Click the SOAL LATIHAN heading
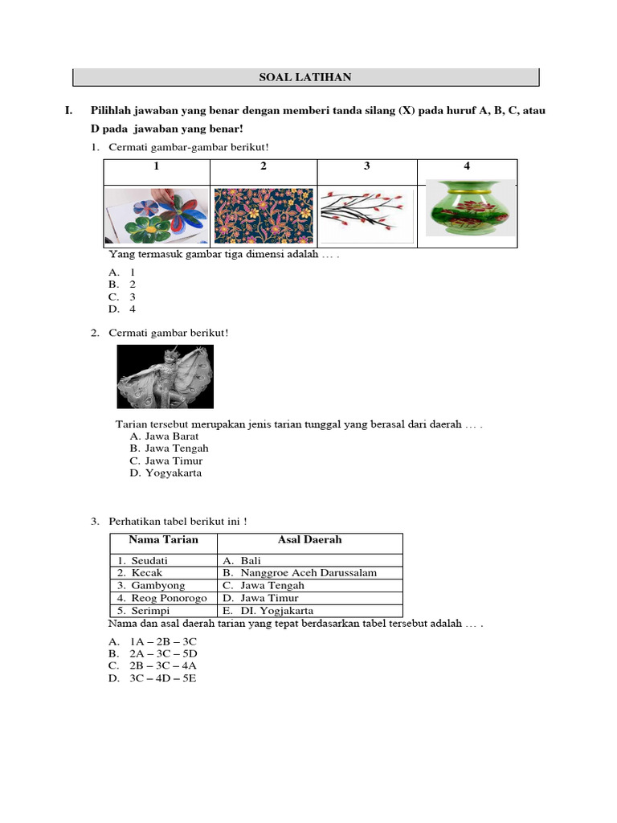[x=305, y=77]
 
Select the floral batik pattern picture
[x=264, y=215]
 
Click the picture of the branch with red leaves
[x=367, y=213]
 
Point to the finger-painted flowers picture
[x=157, y=215]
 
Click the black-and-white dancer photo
[x=165, y=377]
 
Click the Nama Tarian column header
[x=163, y=540]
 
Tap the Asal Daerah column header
[x=309, y=540]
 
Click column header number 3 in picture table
[x=367, y=166]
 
